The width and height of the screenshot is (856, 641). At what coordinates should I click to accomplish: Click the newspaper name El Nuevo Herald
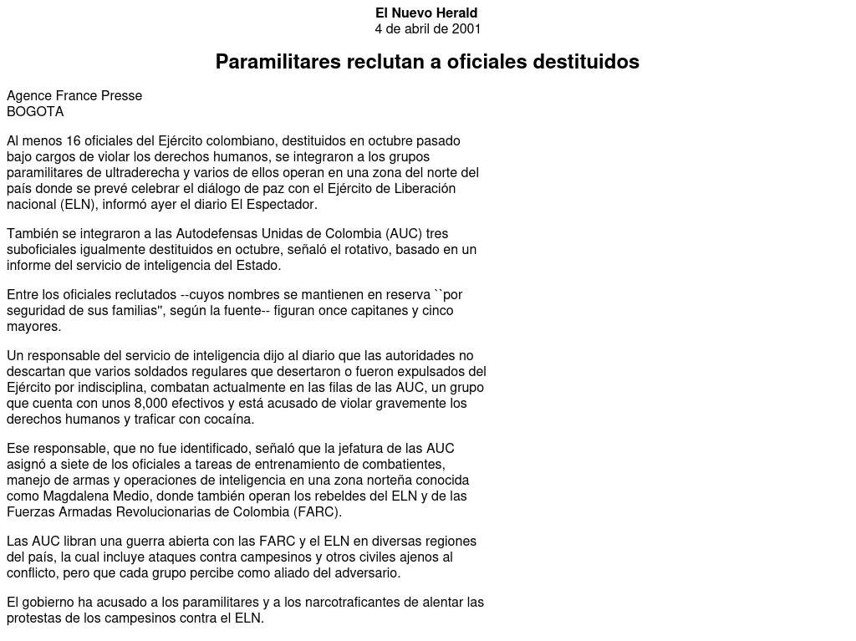pos(426,13)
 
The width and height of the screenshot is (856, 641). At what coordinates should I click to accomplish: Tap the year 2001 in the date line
pos(466,29)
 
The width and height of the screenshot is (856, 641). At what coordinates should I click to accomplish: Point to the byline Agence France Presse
pos(74,96)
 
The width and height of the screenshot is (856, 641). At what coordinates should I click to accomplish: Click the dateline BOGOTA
pos(35,112)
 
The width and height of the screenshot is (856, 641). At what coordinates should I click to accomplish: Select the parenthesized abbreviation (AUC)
pos(405,234)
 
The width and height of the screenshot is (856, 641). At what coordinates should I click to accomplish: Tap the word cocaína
pos(227,420)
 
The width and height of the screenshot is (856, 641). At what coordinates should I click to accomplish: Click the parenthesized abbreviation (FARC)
pos(317,512)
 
